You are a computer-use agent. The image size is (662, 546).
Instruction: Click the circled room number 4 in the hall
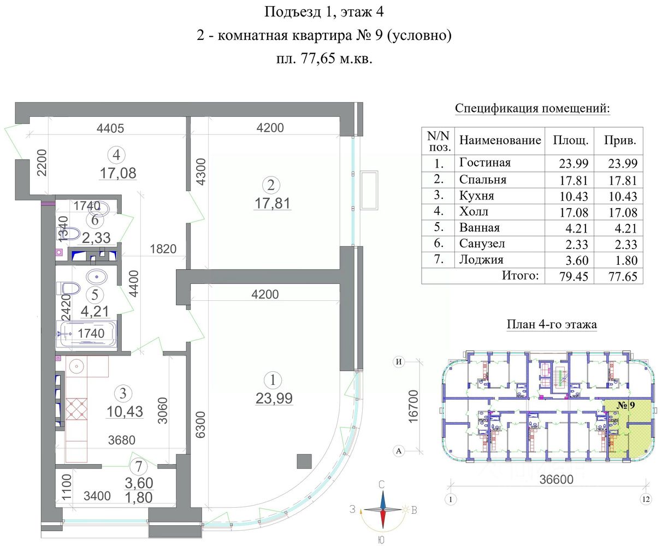click(x=116, y=155)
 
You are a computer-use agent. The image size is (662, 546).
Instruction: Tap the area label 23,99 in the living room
click(x=274, y=399)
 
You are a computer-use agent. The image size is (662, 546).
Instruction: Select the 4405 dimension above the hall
click(x=110, y=128)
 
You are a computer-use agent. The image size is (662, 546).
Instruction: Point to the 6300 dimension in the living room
click(x=200, y=425)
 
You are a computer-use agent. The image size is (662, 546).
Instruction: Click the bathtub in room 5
click(x=86, y=334)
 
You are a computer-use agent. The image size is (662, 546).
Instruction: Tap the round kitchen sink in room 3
click(x=76, y=367)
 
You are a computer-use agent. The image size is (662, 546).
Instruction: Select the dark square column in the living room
click(x=304, y=461)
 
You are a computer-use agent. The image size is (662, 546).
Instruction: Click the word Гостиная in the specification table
click(x=485, y=163)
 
